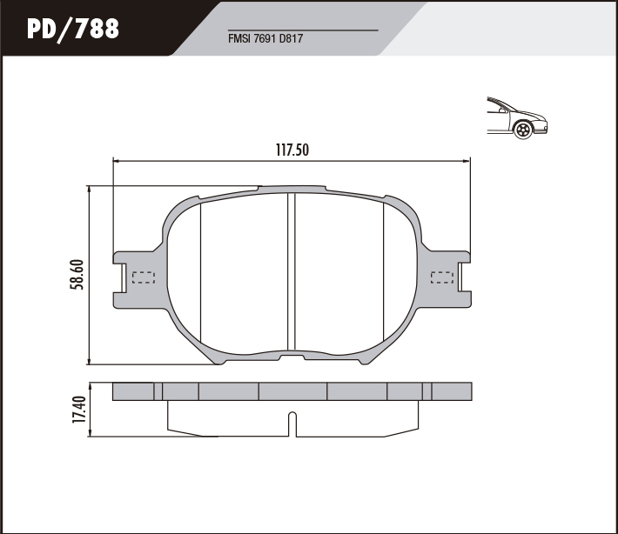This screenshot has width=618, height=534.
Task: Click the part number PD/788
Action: coord(73,29)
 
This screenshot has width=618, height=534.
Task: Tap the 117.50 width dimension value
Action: coord(292,150)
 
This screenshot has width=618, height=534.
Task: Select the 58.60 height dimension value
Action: coord(76,275)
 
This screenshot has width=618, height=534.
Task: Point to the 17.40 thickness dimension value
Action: coord(79,410)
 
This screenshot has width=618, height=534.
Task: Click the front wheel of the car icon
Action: coord(522,131)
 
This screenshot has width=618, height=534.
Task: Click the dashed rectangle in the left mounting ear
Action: coord(142,278)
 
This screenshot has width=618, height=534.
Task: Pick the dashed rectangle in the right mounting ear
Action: coord(443,278)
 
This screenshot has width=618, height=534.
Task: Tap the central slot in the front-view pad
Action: coord(292,270)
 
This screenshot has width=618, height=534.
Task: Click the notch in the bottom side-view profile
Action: coord(292,424)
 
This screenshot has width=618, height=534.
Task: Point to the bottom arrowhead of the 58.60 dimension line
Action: coord(90,361)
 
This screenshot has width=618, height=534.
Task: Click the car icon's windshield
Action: coord(500,107)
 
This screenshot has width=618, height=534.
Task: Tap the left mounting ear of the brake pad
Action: coord(131,278)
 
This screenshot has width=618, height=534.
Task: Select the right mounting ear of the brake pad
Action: coord(453,278)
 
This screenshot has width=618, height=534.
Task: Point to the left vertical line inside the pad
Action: coord(201,270)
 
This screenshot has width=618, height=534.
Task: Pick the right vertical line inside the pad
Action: coord(384,270)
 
